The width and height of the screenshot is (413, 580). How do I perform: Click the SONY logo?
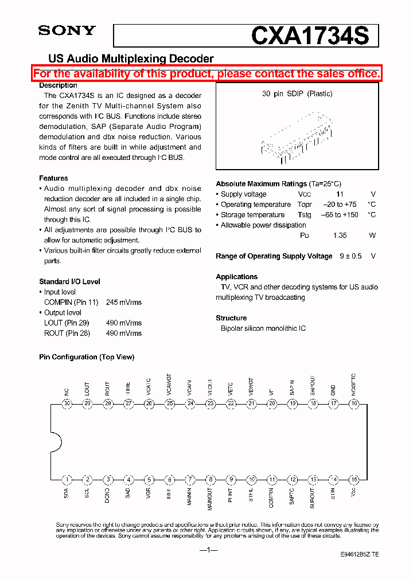click(x=67, y=31)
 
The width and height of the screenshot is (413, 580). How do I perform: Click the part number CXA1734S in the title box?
click(x=314, y=36)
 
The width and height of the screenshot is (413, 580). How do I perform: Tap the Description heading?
click(x=58, y=85)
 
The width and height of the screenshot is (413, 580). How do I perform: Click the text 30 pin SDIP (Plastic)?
click(x=297, y=93)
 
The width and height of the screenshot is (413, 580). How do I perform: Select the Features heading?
click(x=53, y=178)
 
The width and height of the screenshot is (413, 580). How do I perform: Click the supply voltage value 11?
click(x=340, y=194)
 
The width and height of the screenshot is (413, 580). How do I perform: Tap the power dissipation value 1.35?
click(x=340, y=236)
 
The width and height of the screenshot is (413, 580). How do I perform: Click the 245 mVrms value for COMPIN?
click(x=123, y=302)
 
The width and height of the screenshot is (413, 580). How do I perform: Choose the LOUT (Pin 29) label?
click(x=67, y=323)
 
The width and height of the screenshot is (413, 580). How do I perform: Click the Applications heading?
click(x=236, y=277)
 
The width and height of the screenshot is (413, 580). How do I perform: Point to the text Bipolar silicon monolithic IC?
click(x=263, y=328)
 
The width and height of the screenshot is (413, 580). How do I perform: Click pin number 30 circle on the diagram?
click(x=67, y=403)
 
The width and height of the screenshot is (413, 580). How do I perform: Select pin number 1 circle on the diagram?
click(x=67, y=480)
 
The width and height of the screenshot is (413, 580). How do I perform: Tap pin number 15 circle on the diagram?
click(x=354, y=480)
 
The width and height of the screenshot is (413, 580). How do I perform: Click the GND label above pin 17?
click(x=333, y=389)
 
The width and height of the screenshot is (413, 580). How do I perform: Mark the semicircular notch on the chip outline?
click(x=56, y=441)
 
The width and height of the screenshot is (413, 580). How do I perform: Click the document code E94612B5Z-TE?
click(x=359, y=555)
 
